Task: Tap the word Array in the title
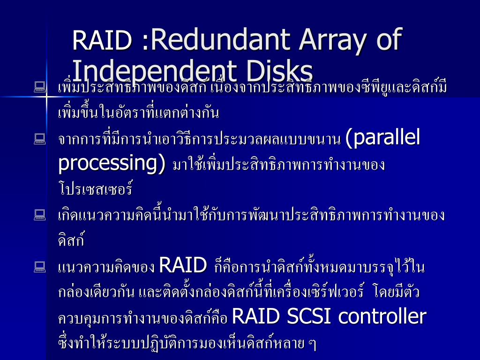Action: coord(333,40)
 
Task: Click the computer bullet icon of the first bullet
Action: coord(39,86)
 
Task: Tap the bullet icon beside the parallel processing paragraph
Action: coord(39,138)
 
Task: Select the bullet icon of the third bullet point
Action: coord(39,215)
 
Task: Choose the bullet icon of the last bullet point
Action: coord(39,267)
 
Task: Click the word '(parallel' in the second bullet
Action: coord(382,138)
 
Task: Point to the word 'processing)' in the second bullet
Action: coord(112,163)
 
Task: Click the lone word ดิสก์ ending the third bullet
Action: coord(71,240)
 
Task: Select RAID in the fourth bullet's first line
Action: coord(183,265)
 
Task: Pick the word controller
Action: coord(382,317)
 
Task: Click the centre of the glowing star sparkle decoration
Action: coord(47,96)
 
